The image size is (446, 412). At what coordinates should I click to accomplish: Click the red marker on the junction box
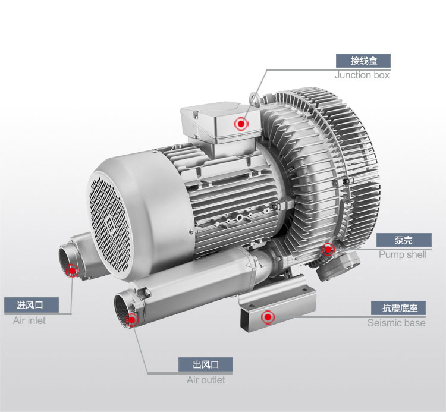pos(241,124)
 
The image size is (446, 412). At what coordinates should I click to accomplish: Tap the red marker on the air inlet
pos(72,271)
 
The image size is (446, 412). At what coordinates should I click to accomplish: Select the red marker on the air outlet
pos(131,320)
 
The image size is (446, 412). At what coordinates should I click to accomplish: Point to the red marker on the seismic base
pos(268,317)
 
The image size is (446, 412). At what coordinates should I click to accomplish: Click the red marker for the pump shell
pos(328,249)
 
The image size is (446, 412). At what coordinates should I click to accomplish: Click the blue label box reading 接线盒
pos(363,61)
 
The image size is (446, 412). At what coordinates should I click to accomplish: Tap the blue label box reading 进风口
pos(32,305)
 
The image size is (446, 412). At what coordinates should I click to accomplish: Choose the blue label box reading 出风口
pos(206,364)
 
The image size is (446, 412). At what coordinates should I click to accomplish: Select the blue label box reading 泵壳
pos(404,241)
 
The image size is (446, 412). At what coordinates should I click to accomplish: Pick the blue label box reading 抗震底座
pos(398,308)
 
